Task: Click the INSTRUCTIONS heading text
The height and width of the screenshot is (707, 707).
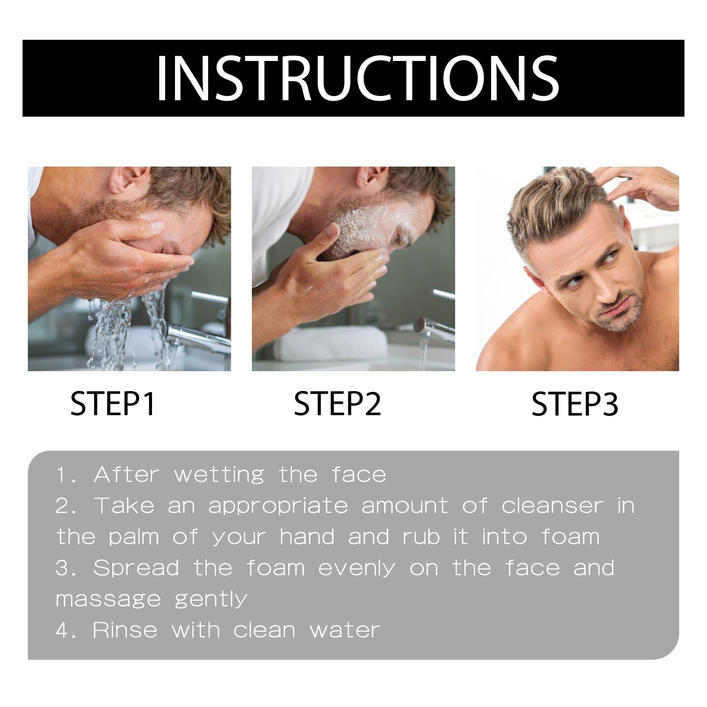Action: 357,79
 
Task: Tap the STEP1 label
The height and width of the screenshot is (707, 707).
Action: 113,404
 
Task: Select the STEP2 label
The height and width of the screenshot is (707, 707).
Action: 337,404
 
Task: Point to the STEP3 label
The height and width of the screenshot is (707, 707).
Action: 574,404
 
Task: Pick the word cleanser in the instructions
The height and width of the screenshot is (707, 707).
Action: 552,506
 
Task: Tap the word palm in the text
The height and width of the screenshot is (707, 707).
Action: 134,537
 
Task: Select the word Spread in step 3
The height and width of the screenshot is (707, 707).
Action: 136,568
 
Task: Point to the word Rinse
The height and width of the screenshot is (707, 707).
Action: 125,630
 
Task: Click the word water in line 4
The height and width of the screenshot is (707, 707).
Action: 345,630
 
